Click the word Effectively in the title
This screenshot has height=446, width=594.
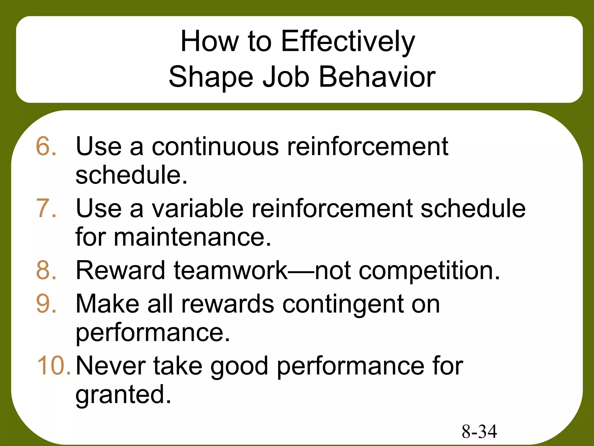click(x=348, y=42)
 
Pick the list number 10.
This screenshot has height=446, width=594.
click(x=54, y=366)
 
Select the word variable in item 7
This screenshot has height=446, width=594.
click(x=198, y=208)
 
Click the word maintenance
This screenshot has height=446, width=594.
click(x=192, y=237)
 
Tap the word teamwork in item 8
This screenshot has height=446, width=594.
click(x=231, y=270)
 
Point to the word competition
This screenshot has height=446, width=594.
click(x=429, y=270)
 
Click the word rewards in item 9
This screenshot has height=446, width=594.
click(x=228, y=304)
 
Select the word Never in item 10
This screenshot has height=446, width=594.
click(x=111, y=366)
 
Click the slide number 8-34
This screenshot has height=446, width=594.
click(x=479, y=431)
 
